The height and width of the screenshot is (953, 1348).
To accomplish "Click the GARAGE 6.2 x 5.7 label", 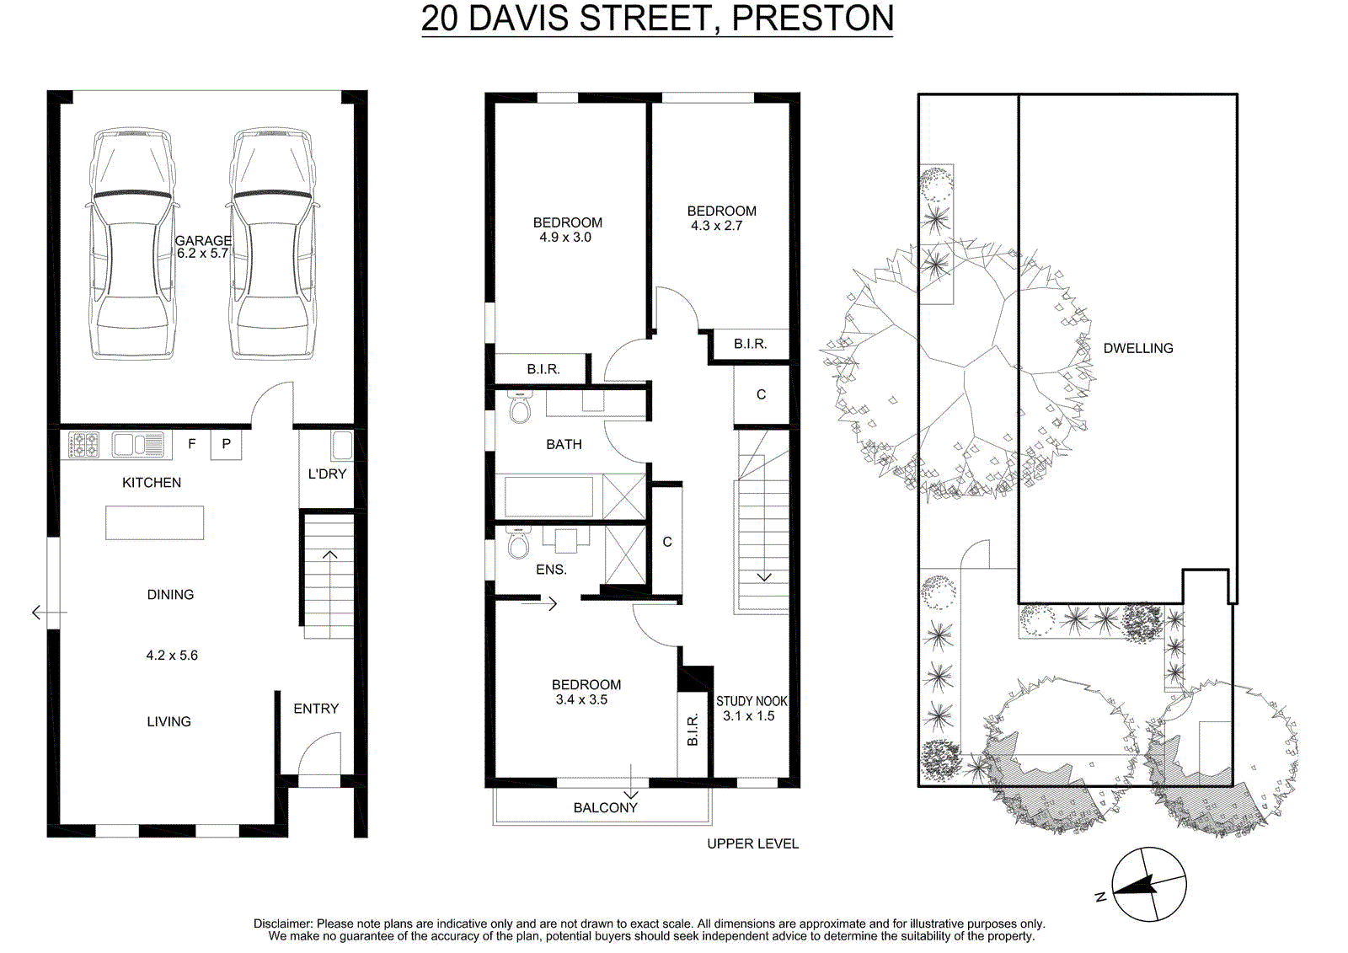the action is (203, 247).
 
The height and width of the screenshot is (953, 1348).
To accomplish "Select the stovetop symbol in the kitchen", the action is (83, 446).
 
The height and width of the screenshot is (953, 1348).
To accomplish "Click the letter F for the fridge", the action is (192, 444).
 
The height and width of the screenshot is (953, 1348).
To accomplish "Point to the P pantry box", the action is (227, 444).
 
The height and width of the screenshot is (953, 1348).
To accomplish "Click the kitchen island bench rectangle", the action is (155, 522).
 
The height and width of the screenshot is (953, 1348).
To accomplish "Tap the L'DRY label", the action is (327, 474).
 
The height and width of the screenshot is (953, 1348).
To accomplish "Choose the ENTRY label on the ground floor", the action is (316, 709).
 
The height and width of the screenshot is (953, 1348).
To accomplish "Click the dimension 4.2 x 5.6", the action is (172, 655).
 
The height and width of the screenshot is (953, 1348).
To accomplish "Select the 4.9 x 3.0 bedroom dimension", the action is (565, 237).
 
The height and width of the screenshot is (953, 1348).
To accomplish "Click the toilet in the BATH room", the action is (519, 408).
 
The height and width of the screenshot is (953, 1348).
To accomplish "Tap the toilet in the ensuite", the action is (518, 543).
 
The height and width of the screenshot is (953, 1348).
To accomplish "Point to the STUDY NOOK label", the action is (752, 701).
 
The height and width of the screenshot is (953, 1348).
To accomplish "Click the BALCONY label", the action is (606, 808).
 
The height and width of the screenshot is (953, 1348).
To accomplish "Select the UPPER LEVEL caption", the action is (753, 844).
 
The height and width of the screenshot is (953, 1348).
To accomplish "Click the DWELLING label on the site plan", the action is (1138, 348).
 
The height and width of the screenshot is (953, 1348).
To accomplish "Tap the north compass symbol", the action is (1148, 885).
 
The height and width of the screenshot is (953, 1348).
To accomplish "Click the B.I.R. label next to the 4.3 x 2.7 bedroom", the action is (750, 344).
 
